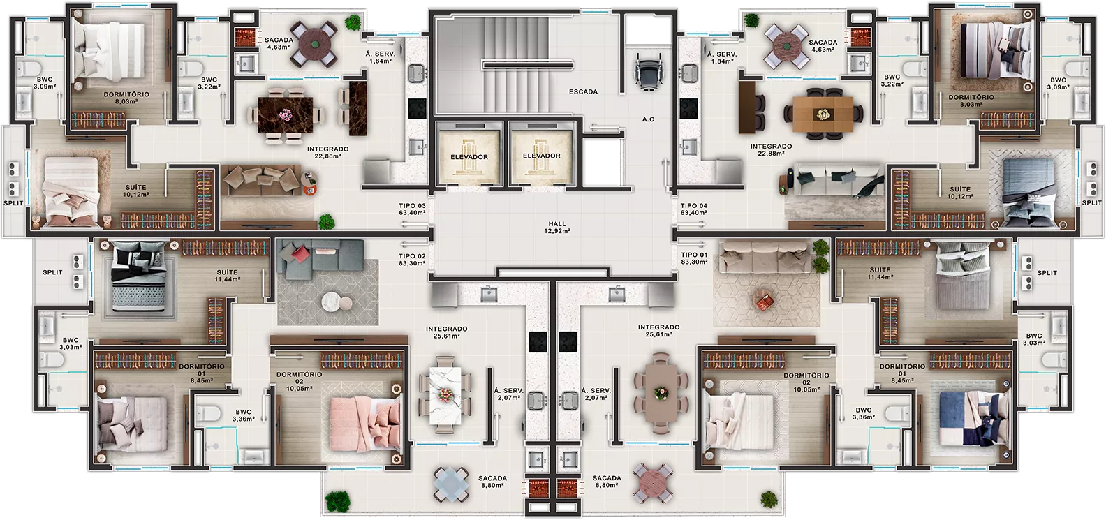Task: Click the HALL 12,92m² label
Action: (x=557, y=228)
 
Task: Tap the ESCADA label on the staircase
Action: (x=583, y=91)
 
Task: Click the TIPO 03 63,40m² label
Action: (x=412, y=209)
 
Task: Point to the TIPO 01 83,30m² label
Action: (x=694, y=258)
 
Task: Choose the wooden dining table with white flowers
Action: (x=823, y=114)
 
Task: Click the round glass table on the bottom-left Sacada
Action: (x=451, y=484)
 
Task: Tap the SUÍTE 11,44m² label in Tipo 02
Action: (x=227, y=276)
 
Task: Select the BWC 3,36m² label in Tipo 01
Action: (x=864, y=413)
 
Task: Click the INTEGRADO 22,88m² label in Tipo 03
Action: (x=327, y=152)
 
